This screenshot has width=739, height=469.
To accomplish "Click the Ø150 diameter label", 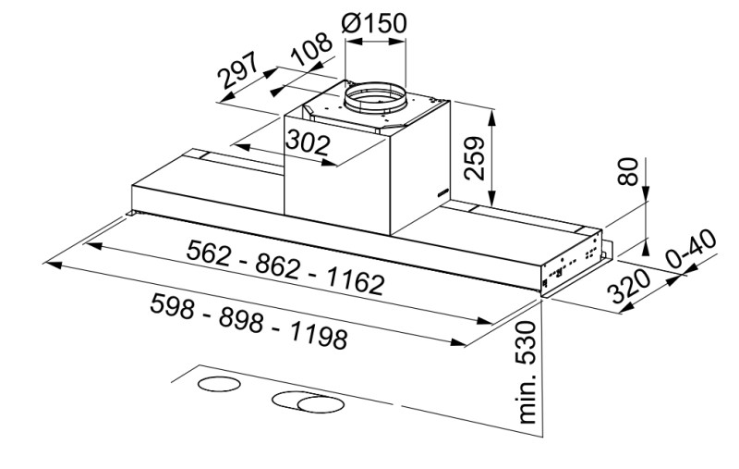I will (373, 23).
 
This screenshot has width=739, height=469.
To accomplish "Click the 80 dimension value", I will (628, 173).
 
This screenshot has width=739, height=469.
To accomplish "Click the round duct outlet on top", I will (377, 96).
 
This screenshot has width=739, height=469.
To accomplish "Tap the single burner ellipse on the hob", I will (219, 385).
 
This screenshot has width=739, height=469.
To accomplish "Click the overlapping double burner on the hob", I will (306, 401).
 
